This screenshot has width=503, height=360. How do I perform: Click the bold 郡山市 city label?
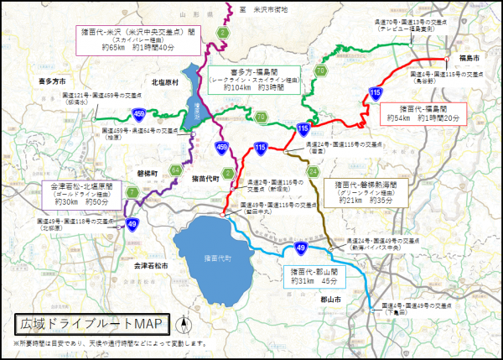tap(334, 298)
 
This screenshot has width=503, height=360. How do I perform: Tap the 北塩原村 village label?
tap(166, 82)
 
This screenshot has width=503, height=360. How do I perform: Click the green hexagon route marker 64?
tap(176, 170)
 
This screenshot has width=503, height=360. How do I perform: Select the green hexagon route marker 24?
tap(313, 172)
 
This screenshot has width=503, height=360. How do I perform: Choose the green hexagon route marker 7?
tap(133, 193)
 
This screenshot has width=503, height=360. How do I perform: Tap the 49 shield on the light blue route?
tap(300, 248)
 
